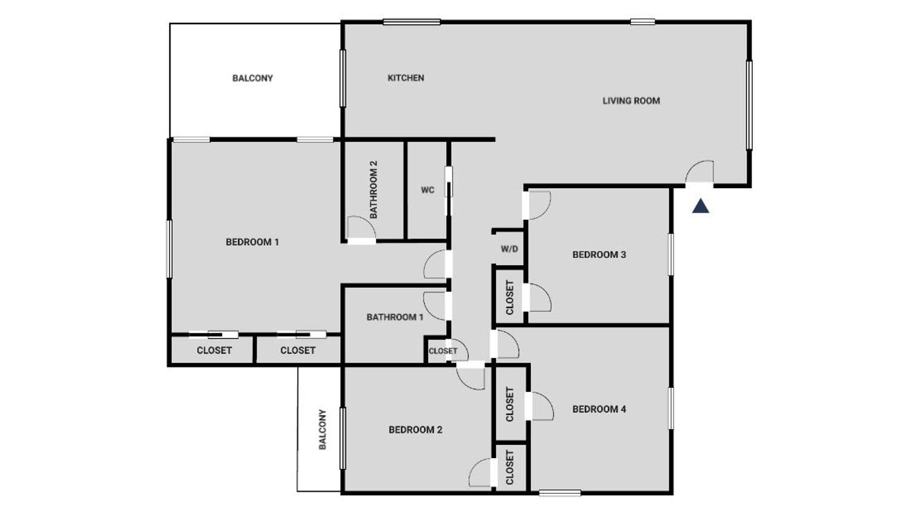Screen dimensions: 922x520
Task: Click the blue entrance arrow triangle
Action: (701, 206)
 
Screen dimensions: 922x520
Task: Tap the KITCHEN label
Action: (406, 78)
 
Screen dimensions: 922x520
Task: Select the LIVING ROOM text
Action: (631, 101)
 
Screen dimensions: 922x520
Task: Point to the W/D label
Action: (509, 249)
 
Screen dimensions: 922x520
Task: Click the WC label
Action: (428, 190)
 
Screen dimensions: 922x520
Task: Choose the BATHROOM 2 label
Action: (374, 189)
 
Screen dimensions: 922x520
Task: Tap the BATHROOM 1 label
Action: (395, 317)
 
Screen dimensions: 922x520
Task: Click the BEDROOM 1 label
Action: (252, 242)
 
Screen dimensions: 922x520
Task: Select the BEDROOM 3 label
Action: (599, 255)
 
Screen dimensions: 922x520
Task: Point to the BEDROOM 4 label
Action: (599, 409)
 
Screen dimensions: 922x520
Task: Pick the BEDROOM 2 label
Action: (416, 430)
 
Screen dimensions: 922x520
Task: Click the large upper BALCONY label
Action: (253, 78)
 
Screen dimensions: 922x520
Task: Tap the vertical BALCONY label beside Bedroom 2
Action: (323, 430)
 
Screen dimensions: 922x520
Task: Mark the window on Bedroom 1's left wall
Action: (169, 249)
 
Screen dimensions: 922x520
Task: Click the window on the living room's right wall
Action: (750, 105)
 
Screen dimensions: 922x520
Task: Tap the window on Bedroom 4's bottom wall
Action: (560, 493)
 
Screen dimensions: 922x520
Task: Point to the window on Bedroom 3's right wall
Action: (671, 254)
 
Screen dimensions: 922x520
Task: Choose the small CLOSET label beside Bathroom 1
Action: (443, 351)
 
